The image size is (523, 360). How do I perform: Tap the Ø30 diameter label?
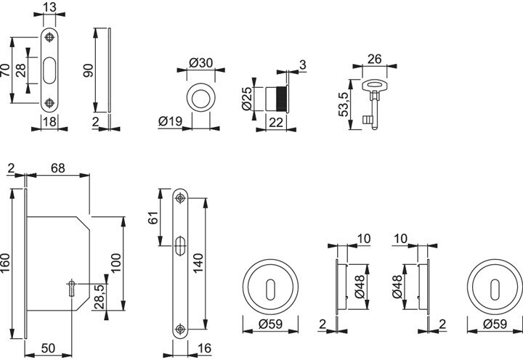(200, 62)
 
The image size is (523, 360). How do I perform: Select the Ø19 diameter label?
(171, 121)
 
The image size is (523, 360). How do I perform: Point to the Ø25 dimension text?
(246, 99)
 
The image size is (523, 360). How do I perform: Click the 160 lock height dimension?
(6, 263)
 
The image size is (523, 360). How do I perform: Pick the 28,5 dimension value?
(100, 296)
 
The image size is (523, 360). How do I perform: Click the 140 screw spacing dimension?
(198, 263)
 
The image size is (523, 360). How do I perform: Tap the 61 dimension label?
(153, 218)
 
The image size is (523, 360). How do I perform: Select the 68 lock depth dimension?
(57, 168)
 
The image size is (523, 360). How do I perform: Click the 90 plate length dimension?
(89, 70)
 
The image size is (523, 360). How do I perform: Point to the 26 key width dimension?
(374, 60)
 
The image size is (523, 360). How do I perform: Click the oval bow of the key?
(375, 85)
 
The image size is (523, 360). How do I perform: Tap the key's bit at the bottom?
(367, 120)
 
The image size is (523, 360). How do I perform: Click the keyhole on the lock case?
(72, 288)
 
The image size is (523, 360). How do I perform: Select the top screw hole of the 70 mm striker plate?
(50, 37)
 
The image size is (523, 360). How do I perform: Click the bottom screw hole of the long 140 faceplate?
(180, 329)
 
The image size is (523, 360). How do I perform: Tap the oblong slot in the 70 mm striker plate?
(50, 70)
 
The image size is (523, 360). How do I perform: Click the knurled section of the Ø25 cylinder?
(280, 99)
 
